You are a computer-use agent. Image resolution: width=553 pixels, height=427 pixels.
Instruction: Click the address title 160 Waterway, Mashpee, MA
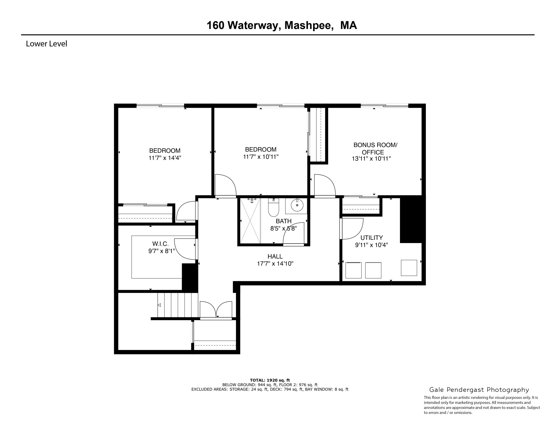click(281, 26)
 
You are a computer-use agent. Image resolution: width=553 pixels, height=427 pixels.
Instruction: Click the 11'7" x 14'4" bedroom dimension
click(165, 158)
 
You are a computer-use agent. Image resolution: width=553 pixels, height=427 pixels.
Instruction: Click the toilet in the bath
click(274, 208)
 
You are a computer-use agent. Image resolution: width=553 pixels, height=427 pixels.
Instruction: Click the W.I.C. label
click(160, 244)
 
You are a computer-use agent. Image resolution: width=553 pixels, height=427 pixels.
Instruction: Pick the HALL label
click(275, 256)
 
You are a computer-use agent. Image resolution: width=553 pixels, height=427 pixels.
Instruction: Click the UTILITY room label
click(371, 238)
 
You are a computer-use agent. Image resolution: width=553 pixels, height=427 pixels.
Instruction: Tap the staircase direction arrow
click(159, 305)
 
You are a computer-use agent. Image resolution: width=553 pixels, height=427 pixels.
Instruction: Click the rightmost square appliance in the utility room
click(409, 268)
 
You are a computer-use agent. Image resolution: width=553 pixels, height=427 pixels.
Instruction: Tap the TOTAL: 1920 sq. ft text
click(270, 380)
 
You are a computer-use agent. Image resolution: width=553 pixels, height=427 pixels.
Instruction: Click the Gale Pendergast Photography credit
click(479, 390)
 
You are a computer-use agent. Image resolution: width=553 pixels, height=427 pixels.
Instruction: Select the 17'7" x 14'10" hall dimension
click(275, 264)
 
